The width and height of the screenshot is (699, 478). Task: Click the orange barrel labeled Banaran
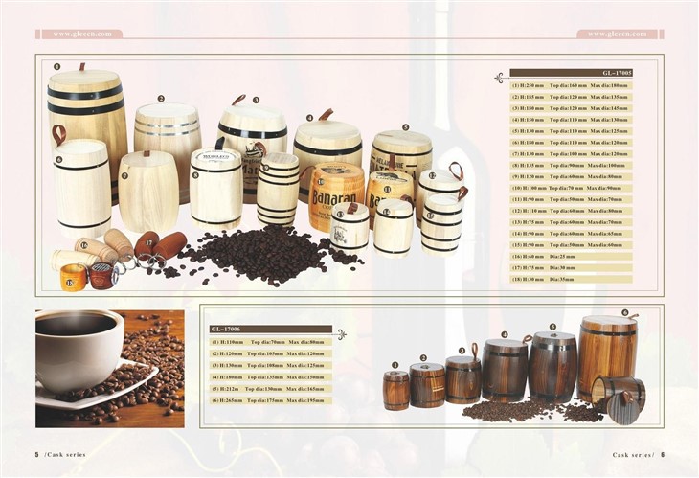coord(334,195)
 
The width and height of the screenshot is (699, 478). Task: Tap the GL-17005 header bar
coord(571,73)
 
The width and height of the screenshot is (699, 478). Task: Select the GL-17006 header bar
coord(270,329)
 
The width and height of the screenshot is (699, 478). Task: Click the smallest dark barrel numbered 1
coord(395,390)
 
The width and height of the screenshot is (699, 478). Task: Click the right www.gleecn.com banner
coord(618,34)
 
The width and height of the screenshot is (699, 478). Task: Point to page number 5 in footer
coord(36,455)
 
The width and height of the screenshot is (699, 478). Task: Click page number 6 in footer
coord(662,455)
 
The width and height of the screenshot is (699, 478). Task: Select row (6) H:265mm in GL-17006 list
coord(270,400)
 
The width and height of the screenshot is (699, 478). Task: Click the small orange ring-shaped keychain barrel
coord(73,278)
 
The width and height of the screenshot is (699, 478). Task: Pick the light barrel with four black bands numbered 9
coord(277,189)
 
